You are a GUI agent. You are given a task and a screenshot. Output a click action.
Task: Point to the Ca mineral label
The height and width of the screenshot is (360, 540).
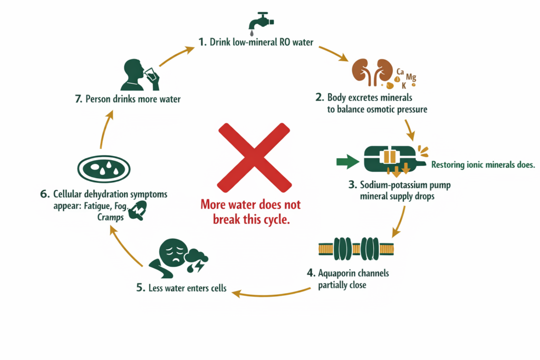click(400, 71)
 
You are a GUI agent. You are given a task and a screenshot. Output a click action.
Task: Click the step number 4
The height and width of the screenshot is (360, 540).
click(311, 274)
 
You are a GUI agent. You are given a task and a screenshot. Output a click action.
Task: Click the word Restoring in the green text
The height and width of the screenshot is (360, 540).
click(448, 165)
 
